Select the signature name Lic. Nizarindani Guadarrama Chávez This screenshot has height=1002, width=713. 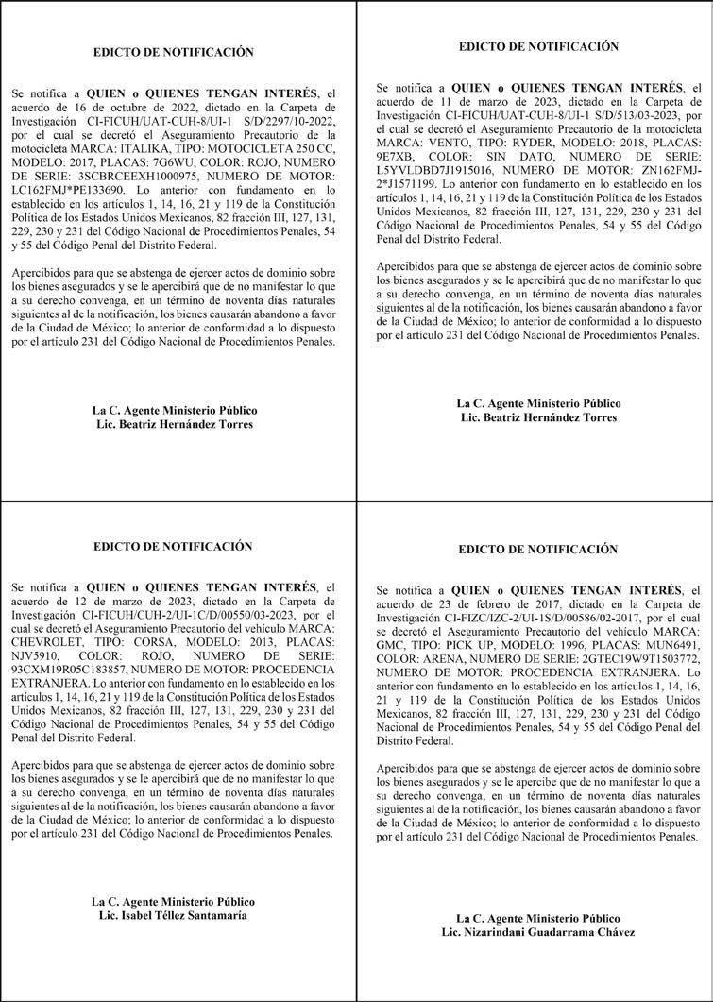coord(537,932)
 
